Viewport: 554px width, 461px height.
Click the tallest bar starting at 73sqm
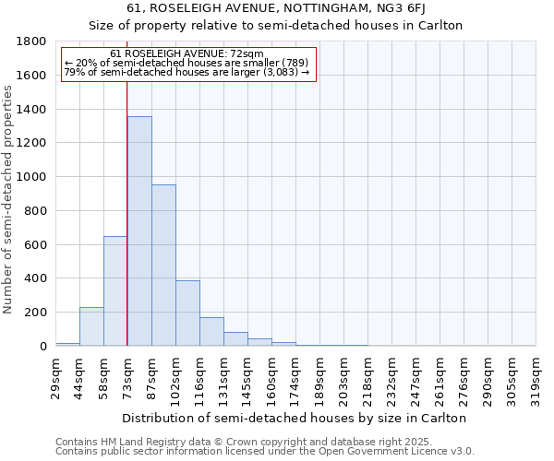pyautogui.click(x=139, y=230)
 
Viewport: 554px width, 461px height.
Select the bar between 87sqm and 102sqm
pyautogui.click(x=163, y=266)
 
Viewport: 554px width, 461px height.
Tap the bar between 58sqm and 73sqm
pyautogui.click(x=115, y=290)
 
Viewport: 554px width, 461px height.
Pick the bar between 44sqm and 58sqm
pyautogui.click(x=91, y=326)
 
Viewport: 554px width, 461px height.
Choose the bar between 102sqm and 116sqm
pyautogui.click(x=187, y=313)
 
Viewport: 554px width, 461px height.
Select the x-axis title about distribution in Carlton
pyautogui.click(x=295, y=418)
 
